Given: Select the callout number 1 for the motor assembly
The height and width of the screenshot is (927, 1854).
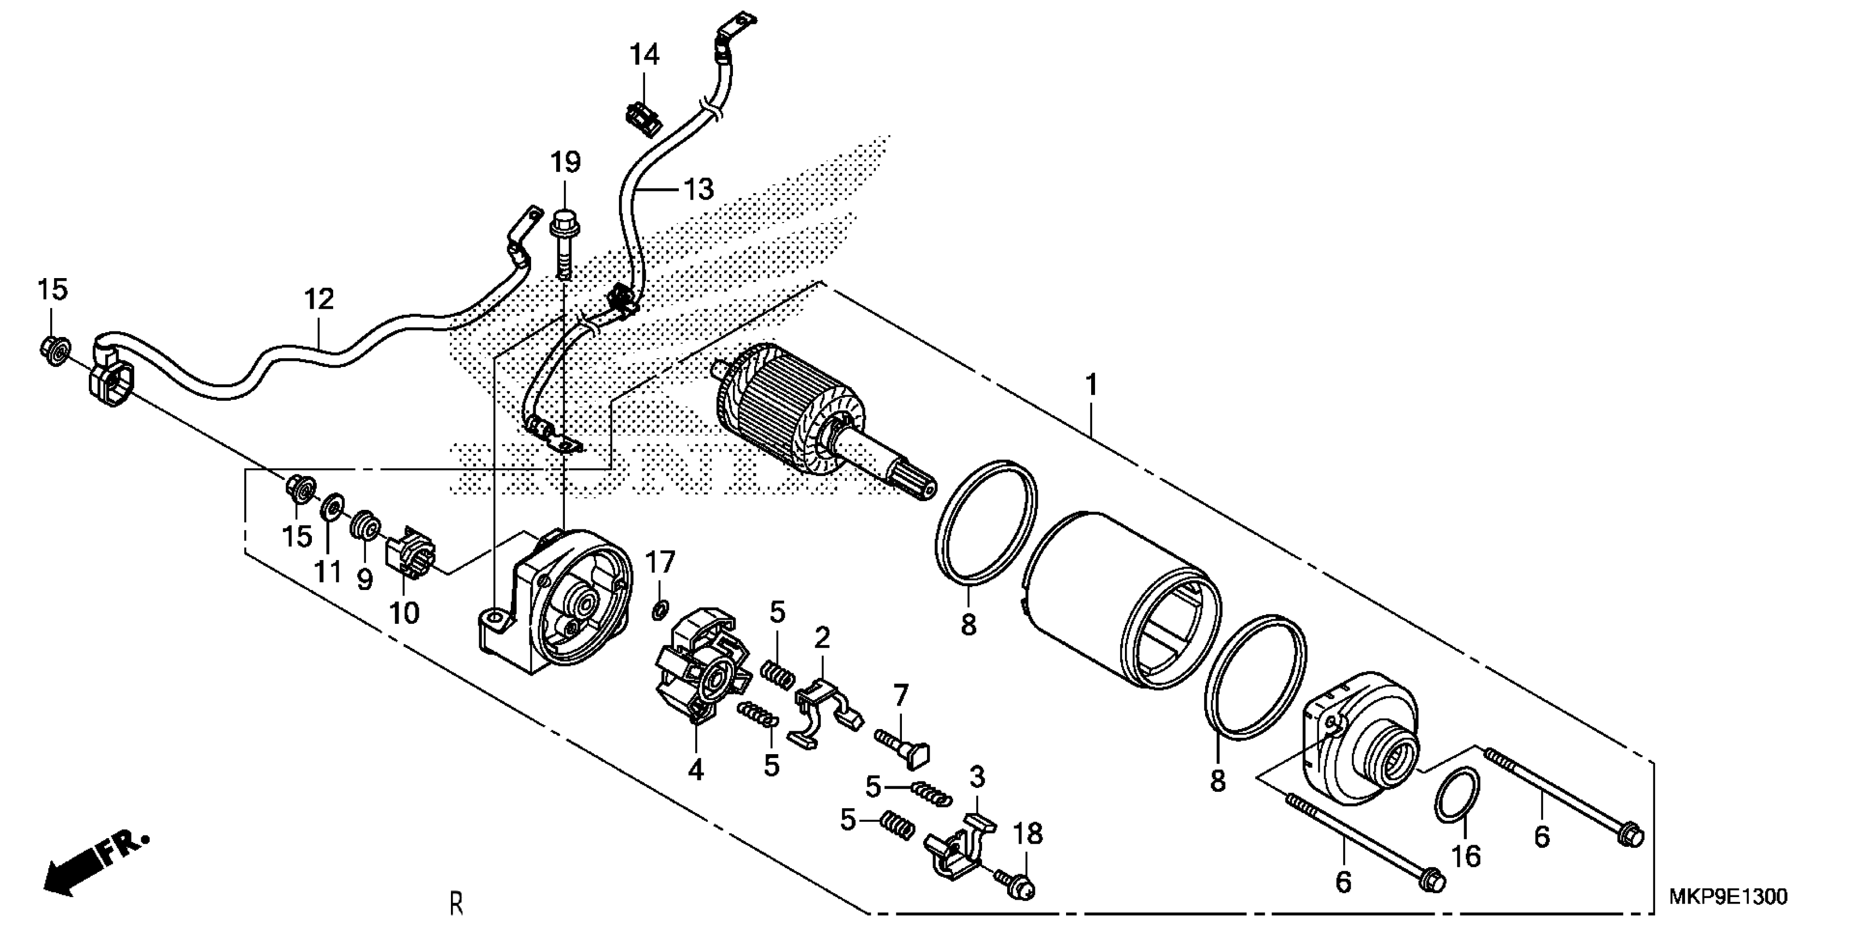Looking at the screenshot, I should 1091,386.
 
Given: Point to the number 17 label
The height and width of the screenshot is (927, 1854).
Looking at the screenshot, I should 659,562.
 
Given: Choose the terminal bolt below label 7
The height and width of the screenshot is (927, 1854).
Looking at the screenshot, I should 903,745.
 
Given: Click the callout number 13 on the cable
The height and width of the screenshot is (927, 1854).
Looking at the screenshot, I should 697,189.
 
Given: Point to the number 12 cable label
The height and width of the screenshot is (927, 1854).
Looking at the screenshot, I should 319,299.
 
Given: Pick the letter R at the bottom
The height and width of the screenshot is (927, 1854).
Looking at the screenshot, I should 455,904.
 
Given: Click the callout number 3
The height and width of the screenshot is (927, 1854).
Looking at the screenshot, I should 977,777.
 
